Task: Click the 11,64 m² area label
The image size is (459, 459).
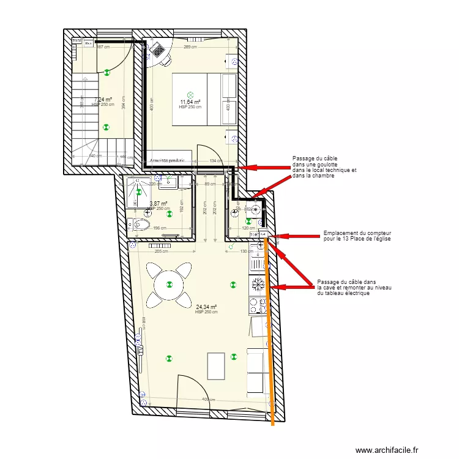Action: click(190, 102)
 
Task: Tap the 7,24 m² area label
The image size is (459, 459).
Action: click(103, 100)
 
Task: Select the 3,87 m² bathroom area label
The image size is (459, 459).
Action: click(159, 204)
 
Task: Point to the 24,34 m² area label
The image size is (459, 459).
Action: click(207, 308)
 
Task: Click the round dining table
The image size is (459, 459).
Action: click(169, 283)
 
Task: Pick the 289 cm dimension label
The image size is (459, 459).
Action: click(190, 47)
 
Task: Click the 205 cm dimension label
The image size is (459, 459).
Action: click(161, 252)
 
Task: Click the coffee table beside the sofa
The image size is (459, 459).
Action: click(215, 366)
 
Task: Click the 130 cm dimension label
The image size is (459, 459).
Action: click(246, 252)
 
